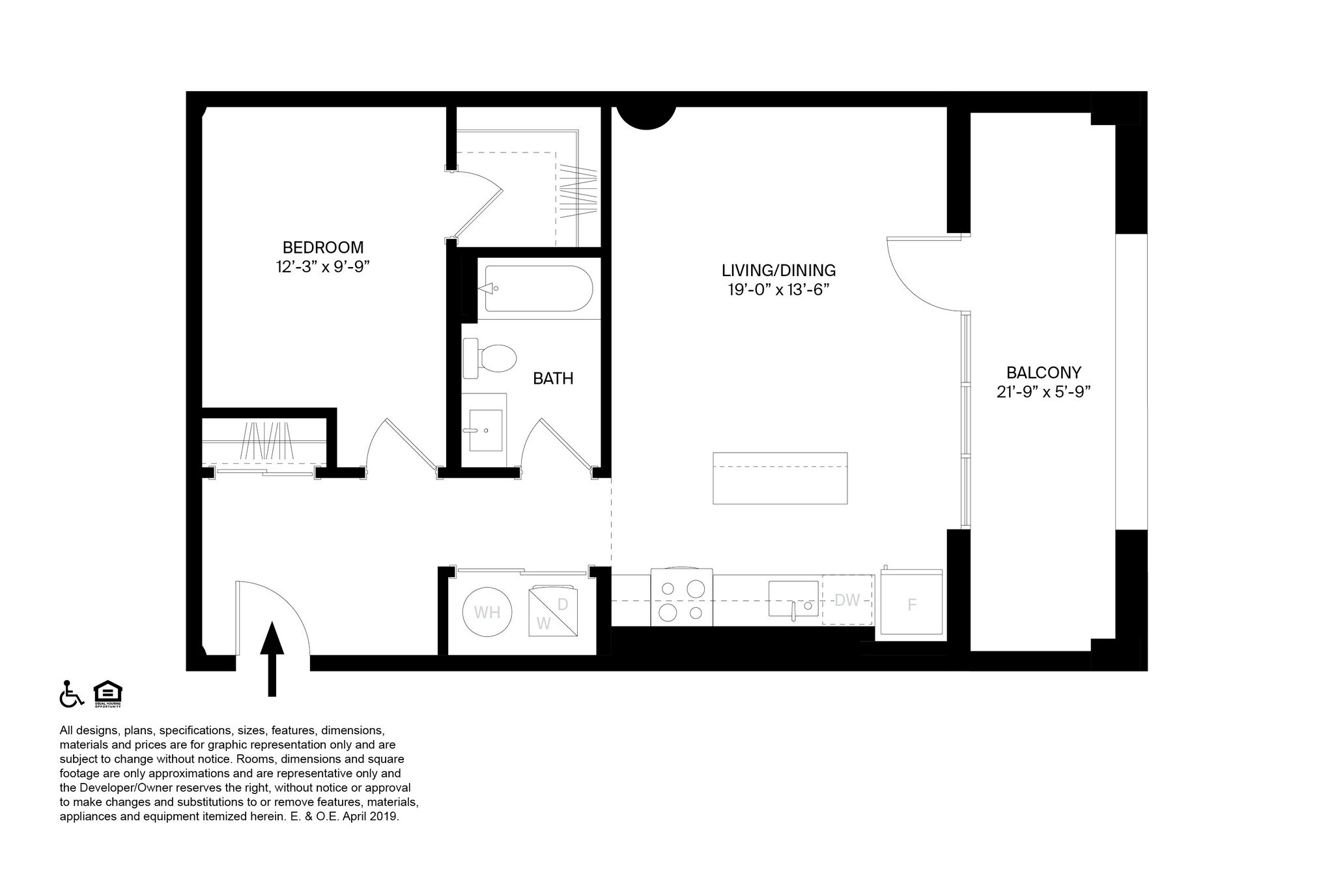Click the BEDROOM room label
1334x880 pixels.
[x=323, y=248]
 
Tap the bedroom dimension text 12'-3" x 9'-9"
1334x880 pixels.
[x=323, y=266]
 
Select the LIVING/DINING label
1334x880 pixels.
[x=778, y=270]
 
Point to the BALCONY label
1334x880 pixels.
[x=1043, y=373]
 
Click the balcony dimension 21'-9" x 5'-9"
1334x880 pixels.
[x=1043, y=392]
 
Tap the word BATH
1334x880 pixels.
[x=553, y=378]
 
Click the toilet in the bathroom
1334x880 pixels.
[x=489, y=358]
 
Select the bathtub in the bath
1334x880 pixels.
[x=538, y=288]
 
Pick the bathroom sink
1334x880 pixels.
[x=485, y=430]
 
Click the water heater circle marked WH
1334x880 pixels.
[x=487, y=612]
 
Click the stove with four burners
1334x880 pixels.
[x=681, y=598]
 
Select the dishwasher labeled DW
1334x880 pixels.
[x=847, y=599]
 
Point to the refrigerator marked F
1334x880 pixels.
[x=912, y=603]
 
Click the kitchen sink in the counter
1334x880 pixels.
[x=793, y=599]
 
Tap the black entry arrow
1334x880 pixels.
[x=272, y=659]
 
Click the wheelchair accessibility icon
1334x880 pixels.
[x=72, y=694]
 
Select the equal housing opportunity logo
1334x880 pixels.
[x=107, y=694]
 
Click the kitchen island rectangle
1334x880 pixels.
[x=780, y=478]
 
